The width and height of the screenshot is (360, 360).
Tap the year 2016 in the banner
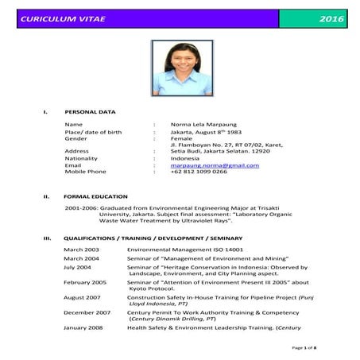tap(325, 17)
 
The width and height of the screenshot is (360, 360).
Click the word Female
tap(182, 137)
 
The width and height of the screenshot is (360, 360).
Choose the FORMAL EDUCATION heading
tap(95, 196)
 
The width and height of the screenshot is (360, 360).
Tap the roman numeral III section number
tap(47, 238)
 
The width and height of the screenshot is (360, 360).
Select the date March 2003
tap(81, 250)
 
